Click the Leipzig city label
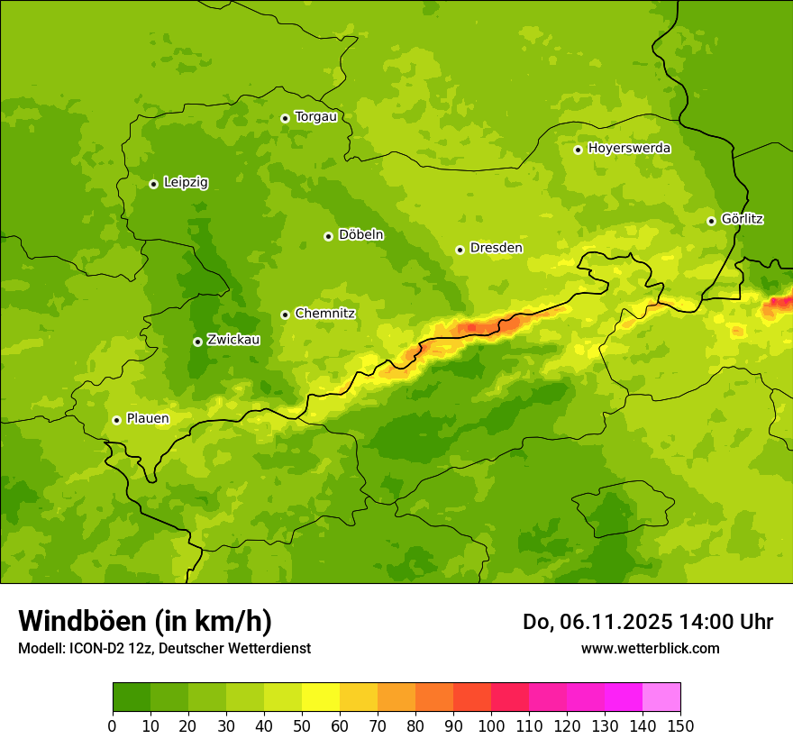pos(186,183)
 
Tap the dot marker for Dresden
pos(460,250)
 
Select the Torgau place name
pos(315,117)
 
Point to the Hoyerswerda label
pos(629,149)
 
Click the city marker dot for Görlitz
pos(711,221)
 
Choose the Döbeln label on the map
pos(360,235)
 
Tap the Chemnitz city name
pos(324,314)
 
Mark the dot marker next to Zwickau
pos(197,342)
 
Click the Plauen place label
pos(147,419)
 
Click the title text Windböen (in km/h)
pos(145,622)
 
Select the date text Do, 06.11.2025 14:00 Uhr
pos(648,622)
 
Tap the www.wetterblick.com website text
pos(650,649)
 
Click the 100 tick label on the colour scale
pos(491,725)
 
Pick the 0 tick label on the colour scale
pos(113,725)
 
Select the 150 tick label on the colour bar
pos(680,725)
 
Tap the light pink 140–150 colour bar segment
pos(661,698)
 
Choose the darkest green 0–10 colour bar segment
pos(132,698)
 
